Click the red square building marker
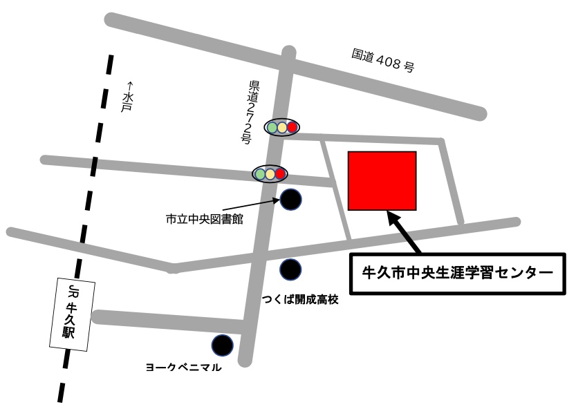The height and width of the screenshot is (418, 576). [382, 180]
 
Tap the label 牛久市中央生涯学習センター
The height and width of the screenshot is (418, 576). [458, 272]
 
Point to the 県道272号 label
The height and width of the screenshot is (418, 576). [250, 111]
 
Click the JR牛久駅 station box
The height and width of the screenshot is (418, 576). [71, 314]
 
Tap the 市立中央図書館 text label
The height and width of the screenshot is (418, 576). [204, 220]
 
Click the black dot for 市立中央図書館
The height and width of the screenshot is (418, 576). [291, 200]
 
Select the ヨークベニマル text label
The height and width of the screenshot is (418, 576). [183, 368]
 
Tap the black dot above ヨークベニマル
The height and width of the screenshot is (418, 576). [222, 344]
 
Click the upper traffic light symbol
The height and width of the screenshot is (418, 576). [282, 127]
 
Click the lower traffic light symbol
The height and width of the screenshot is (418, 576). [270, 173]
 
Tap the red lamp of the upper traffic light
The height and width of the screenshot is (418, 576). [292, 127]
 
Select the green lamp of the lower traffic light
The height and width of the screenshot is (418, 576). [260, 173]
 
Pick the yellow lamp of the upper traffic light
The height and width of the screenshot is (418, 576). [282, 127]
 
